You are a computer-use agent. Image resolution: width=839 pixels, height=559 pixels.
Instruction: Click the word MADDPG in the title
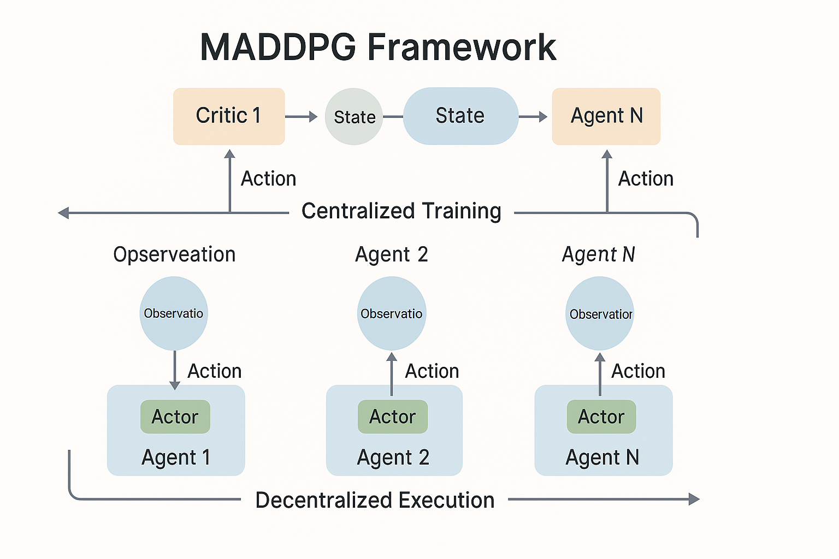(x=277, y=47)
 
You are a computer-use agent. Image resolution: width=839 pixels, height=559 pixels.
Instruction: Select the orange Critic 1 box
(x=229, y=116)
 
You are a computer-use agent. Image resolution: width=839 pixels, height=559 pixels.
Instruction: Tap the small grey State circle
(x=354, y=117)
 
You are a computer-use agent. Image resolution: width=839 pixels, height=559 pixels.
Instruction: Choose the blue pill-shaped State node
(x=460, y=116)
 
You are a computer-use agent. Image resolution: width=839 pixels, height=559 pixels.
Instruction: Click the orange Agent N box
(x=606, y=116)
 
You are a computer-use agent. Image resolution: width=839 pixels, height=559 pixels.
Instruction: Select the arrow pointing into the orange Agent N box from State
(x=533, y=116)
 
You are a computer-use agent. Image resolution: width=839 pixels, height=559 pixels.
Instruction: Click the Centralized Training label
(x=401, y=211)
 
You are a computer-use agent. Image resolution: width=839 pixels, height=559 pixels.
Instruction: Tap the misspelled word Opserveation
(x=174, y=254)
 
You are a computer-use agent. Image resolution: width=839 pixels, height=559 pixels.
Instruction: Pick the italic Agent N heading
(x=599, y=254)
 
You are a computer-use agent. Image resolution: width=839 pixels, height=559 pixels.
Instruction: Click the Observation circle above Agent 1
(x=174, y=313)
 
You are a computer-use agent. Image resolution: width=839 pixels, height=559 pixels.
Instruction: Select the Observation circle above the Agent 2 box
(x=392, y=313)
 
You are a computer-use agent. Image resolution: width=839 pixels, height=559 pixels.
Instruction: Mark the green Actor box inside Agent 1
(x=175, y=417)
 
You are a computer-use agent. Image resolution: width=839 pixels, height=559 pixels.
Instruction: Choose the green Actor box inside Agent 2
(x=393, y=417)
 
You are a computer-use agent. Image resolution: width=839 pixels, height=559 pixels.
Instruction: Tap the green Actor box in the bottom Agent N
(x=601, y=417)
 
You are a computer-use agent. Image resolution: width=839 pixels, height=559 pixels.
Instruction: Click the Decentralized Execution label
(x=375, y=500)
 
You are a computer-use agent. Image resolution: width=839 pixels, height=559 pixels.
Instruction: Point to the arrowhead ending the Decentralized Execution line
(x=694, y=499)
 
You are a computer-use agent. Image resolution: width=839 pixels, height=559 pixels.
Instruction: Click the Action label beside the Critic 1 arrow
(x=268, y=179)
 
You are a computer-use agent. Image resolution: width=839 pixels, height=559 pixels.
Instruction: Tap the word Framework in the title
(x=462, y=47)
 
